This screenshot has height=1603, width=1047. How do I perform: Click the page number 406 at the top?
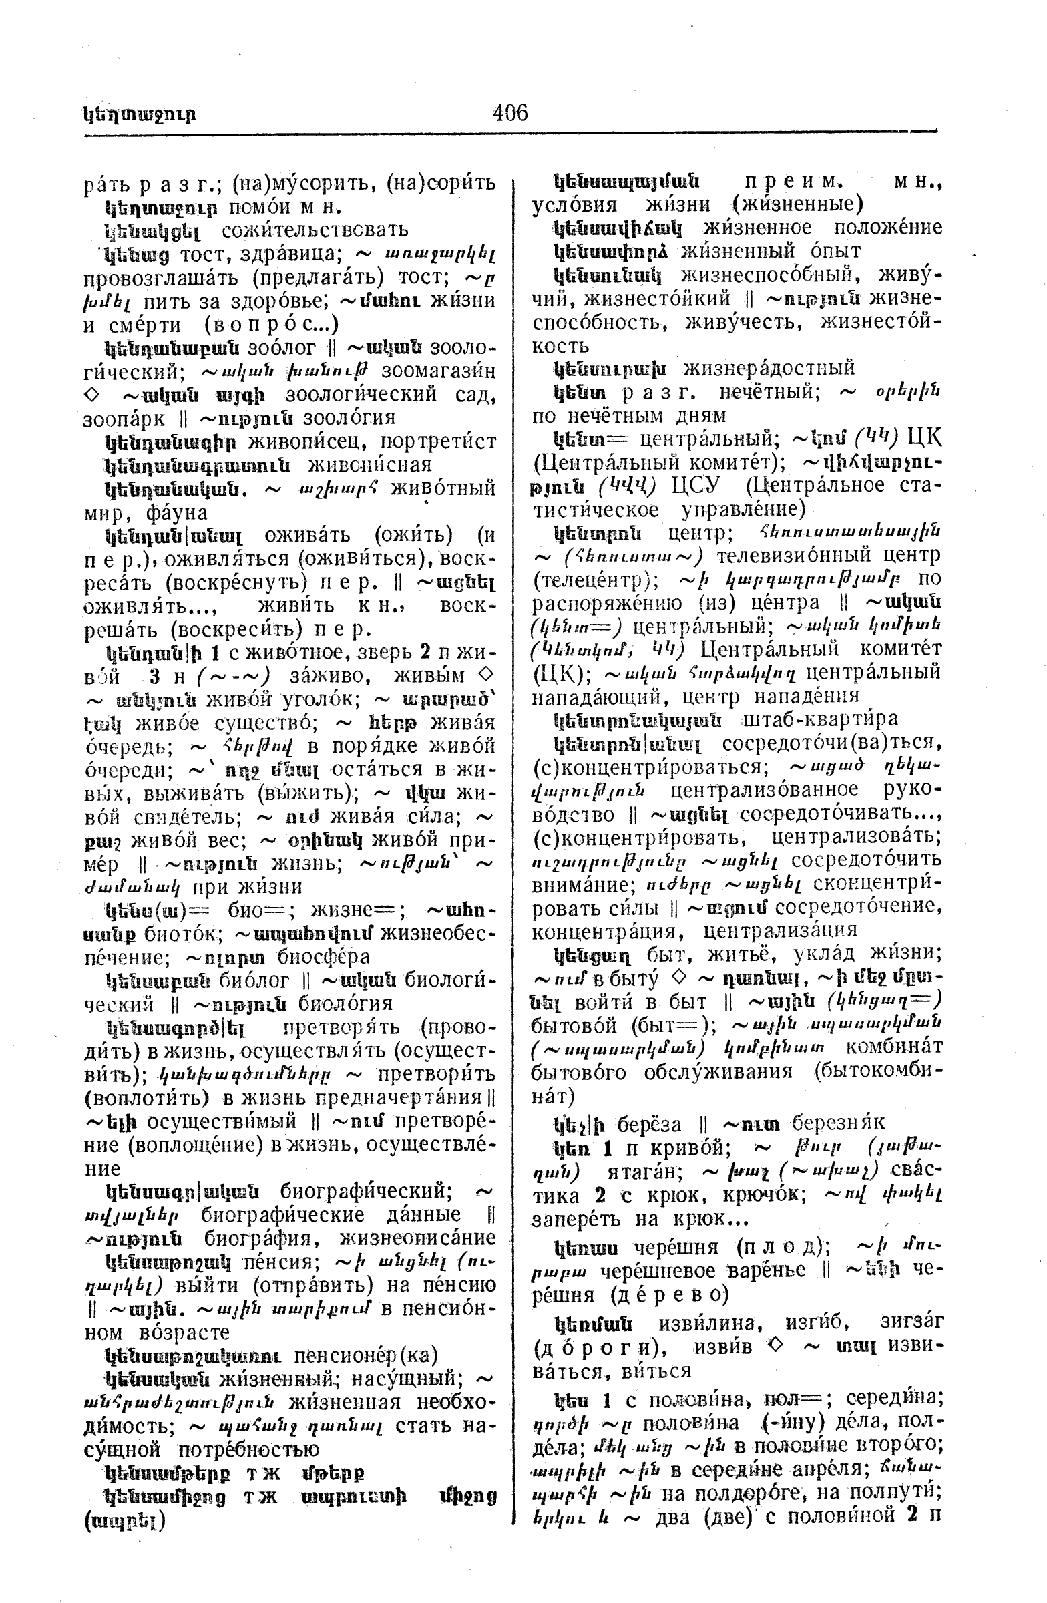pyautogui.click(x=509, y=112)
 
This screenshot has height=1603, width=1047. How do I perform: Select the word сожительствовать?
pyautogui.click(x=315, y=230)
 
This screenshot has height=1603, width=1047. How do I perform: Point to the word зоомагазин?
pyautogui.click(x=438, y=371)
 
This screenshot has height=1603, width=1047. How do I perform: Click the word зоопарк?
pyautogui.click(x=124, y=418)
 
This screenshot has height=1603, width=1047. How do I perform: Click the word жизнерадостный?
pyautogui.click(x=769, y=368)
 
